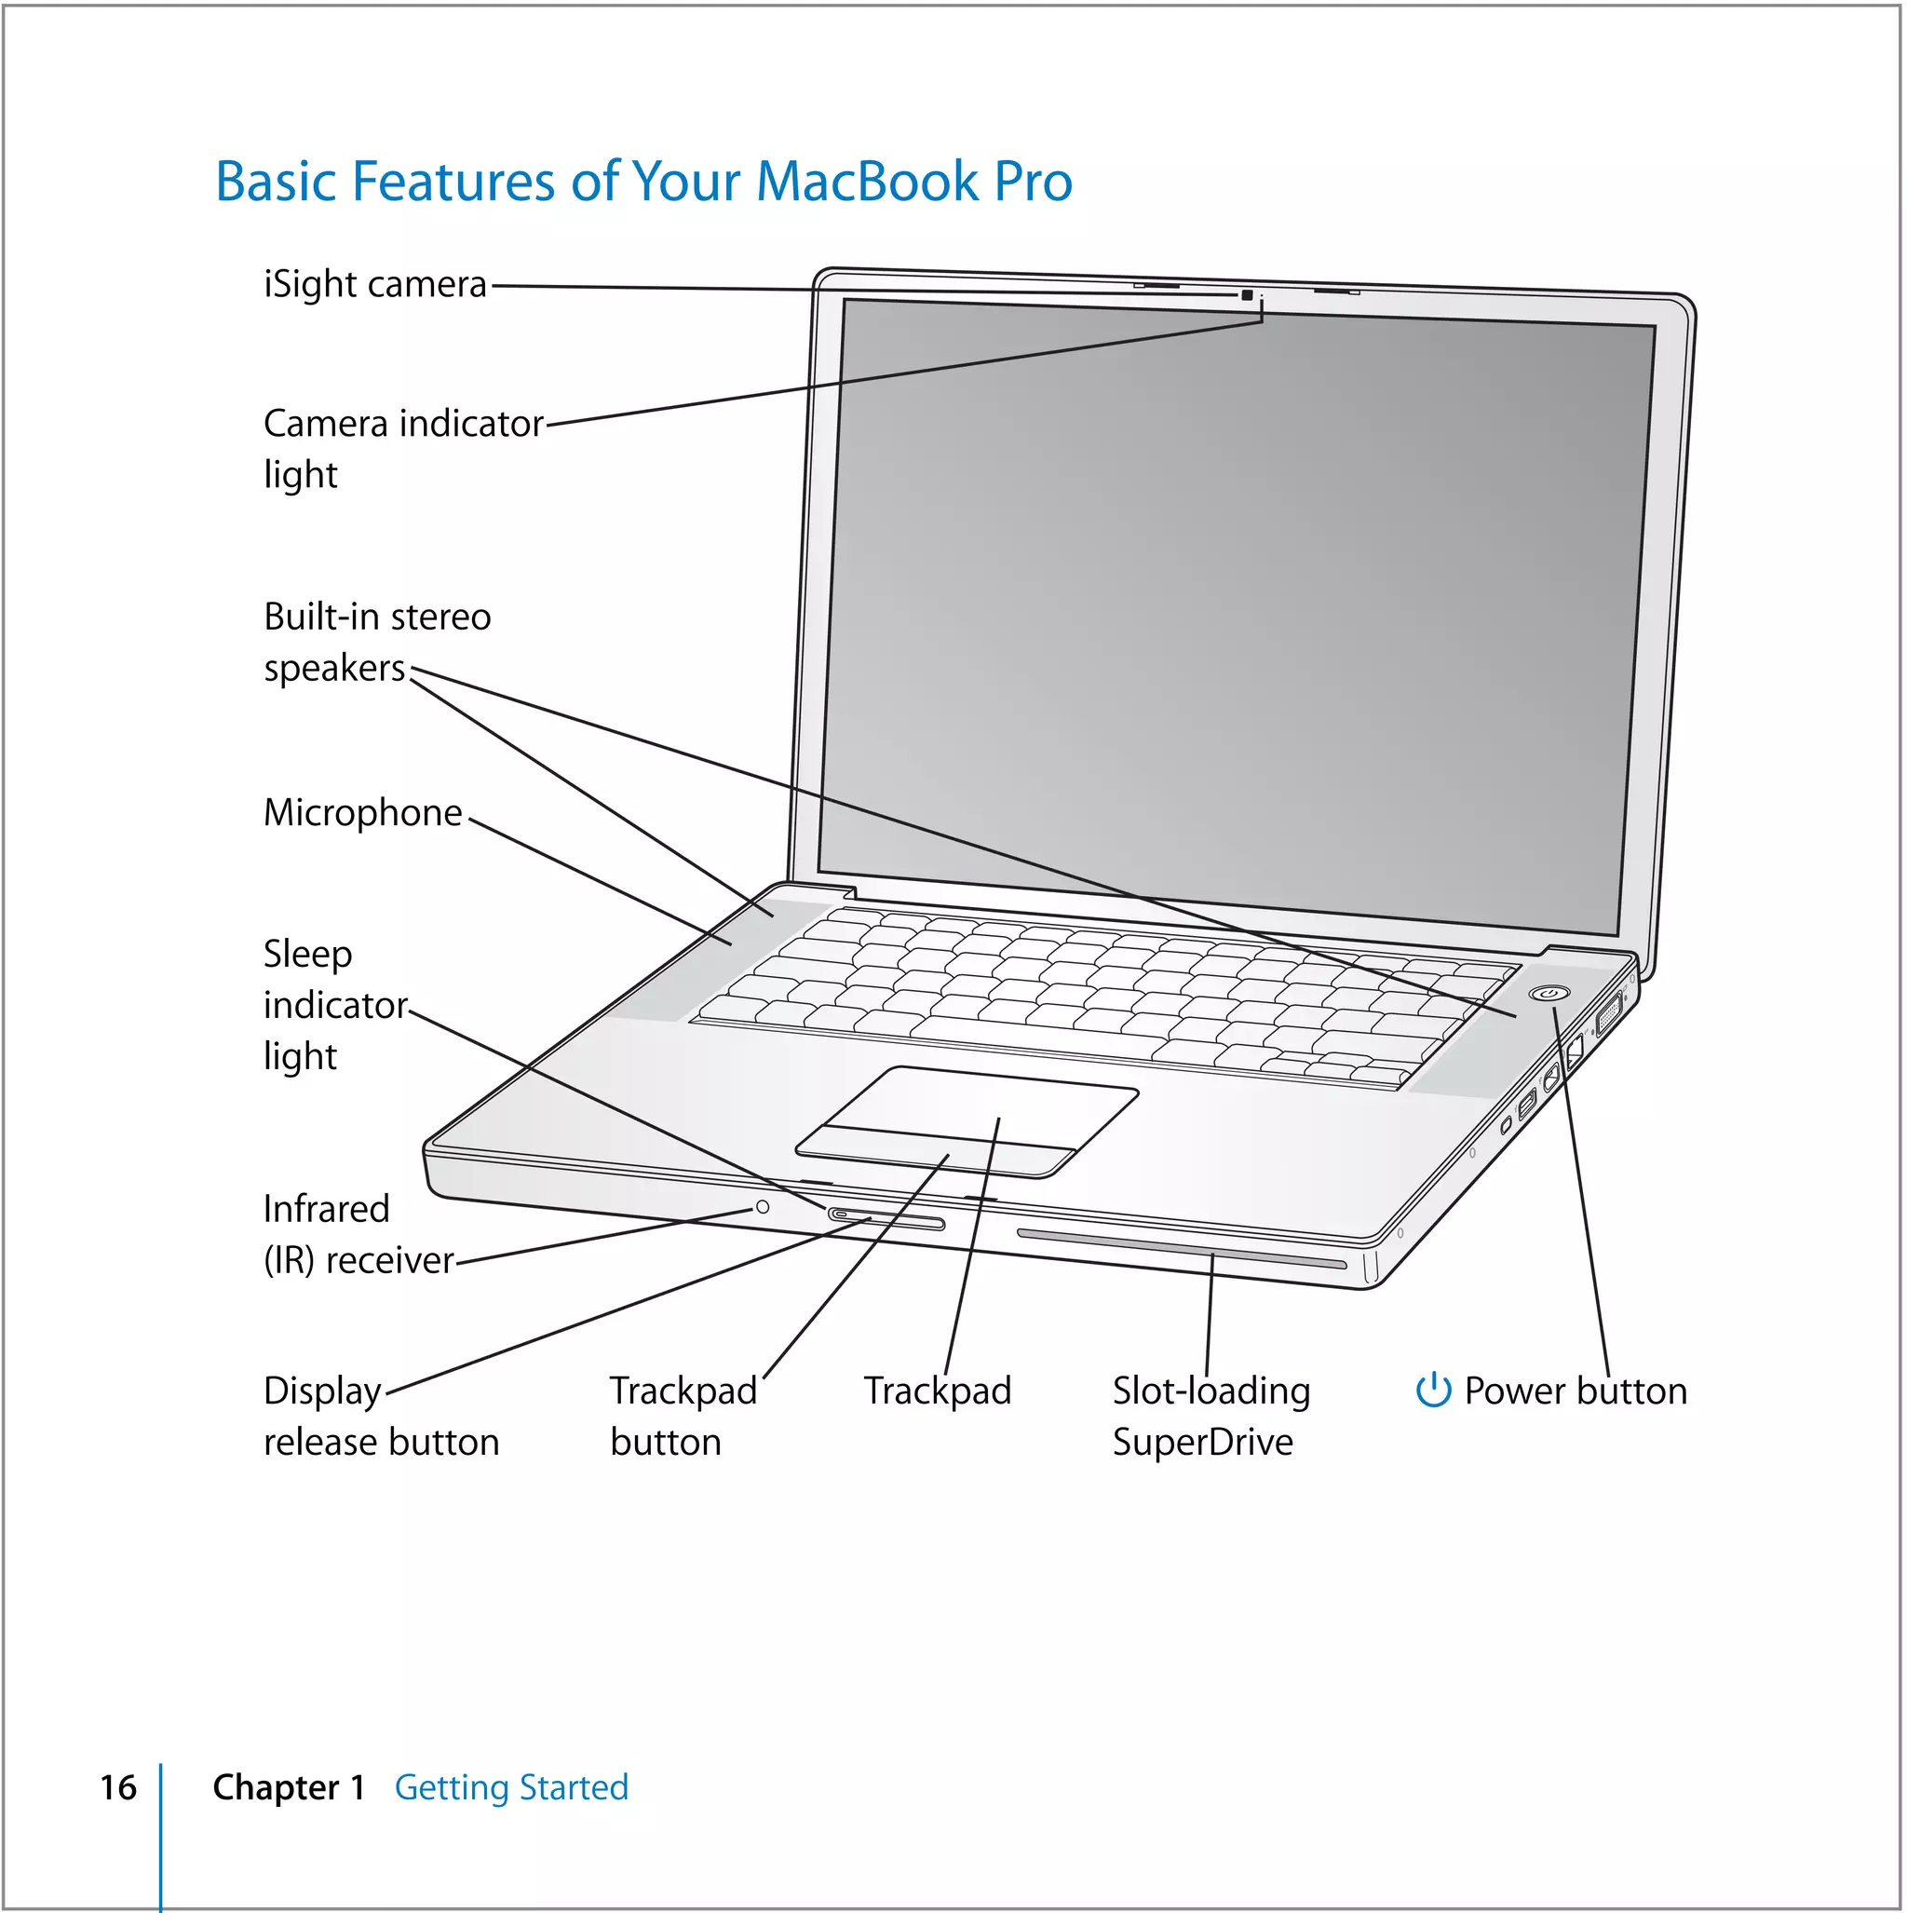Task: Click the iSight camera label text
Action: click(x=374, y=285)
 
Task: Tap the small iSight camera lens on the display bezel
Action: click(x=1247, y=295)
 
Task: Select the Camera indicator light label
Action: click(x=402, y=448)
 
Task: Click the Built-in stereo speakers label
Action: click(x=376, y=642)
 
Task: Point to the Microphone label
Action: click(x=362, y=813)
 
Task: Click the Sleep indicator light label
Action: click(x=333, y=1004)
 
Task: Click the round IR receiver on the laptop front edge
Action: click(x=763, y=1207)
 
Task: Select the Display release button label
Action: click(x=380, y=1416)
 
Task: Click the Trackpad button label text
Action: click(x=683, y=1416)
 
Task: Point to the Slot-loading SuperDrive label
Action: click(x=1210, y=1416)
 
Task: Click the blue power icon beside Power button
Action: click(x=1433, y=1391)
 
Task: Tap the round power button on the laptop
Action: click(x=1548, y=993)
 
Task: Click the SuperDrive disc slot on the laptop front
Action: click(x=1181, y=1249)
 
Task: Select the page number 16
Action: click(x=118, y=1787)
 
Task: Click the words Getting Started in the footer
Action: click(x=511, y=1787)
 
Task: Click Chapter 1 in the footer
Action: click(x=288, y=1787)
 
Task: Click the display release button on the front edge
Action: click(x=886, y=1219)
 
